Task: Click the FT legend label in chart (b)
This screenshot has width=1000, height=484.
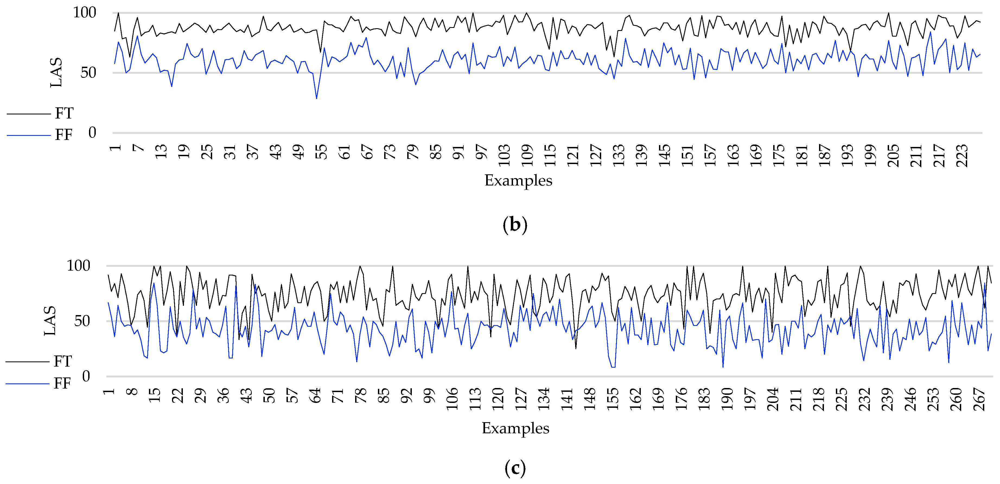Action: click(64, 113)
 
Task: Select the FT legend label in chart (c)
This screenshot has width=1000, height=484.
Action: click(62, 361)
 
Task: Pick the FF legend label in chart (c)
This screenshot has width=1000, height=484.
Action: click(62, 383)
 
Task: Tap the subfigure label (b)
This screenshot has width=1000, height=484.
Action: click(515, 225)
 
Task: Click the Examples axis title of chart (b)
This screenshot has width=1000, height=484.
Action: click(518, 181)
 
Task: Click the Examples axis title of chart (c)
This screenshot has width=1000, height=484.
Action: click(515, 428)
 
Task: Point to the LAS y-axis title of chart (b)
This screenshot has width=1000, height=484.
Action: click(56, 73)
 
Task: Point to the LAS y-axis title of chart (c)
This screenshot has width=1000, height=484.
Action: click(50, 321)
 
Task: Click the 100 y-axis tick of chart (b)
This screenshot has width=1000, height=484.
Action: click(85, 13)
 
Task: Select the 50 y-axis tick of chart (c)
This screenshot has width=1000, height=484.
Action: click(82, 321)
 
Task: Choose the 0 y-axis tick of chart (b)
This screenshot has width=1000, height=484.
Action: click(92, 133)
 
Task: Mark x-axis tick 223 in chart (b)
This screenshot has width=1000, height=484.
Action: click(962, 155)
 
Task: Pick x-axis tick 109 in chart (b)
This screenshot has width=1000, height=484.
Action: click(527, 155)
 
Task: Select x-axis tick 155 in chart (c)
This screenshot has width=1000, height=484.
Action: click(613, 399)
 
